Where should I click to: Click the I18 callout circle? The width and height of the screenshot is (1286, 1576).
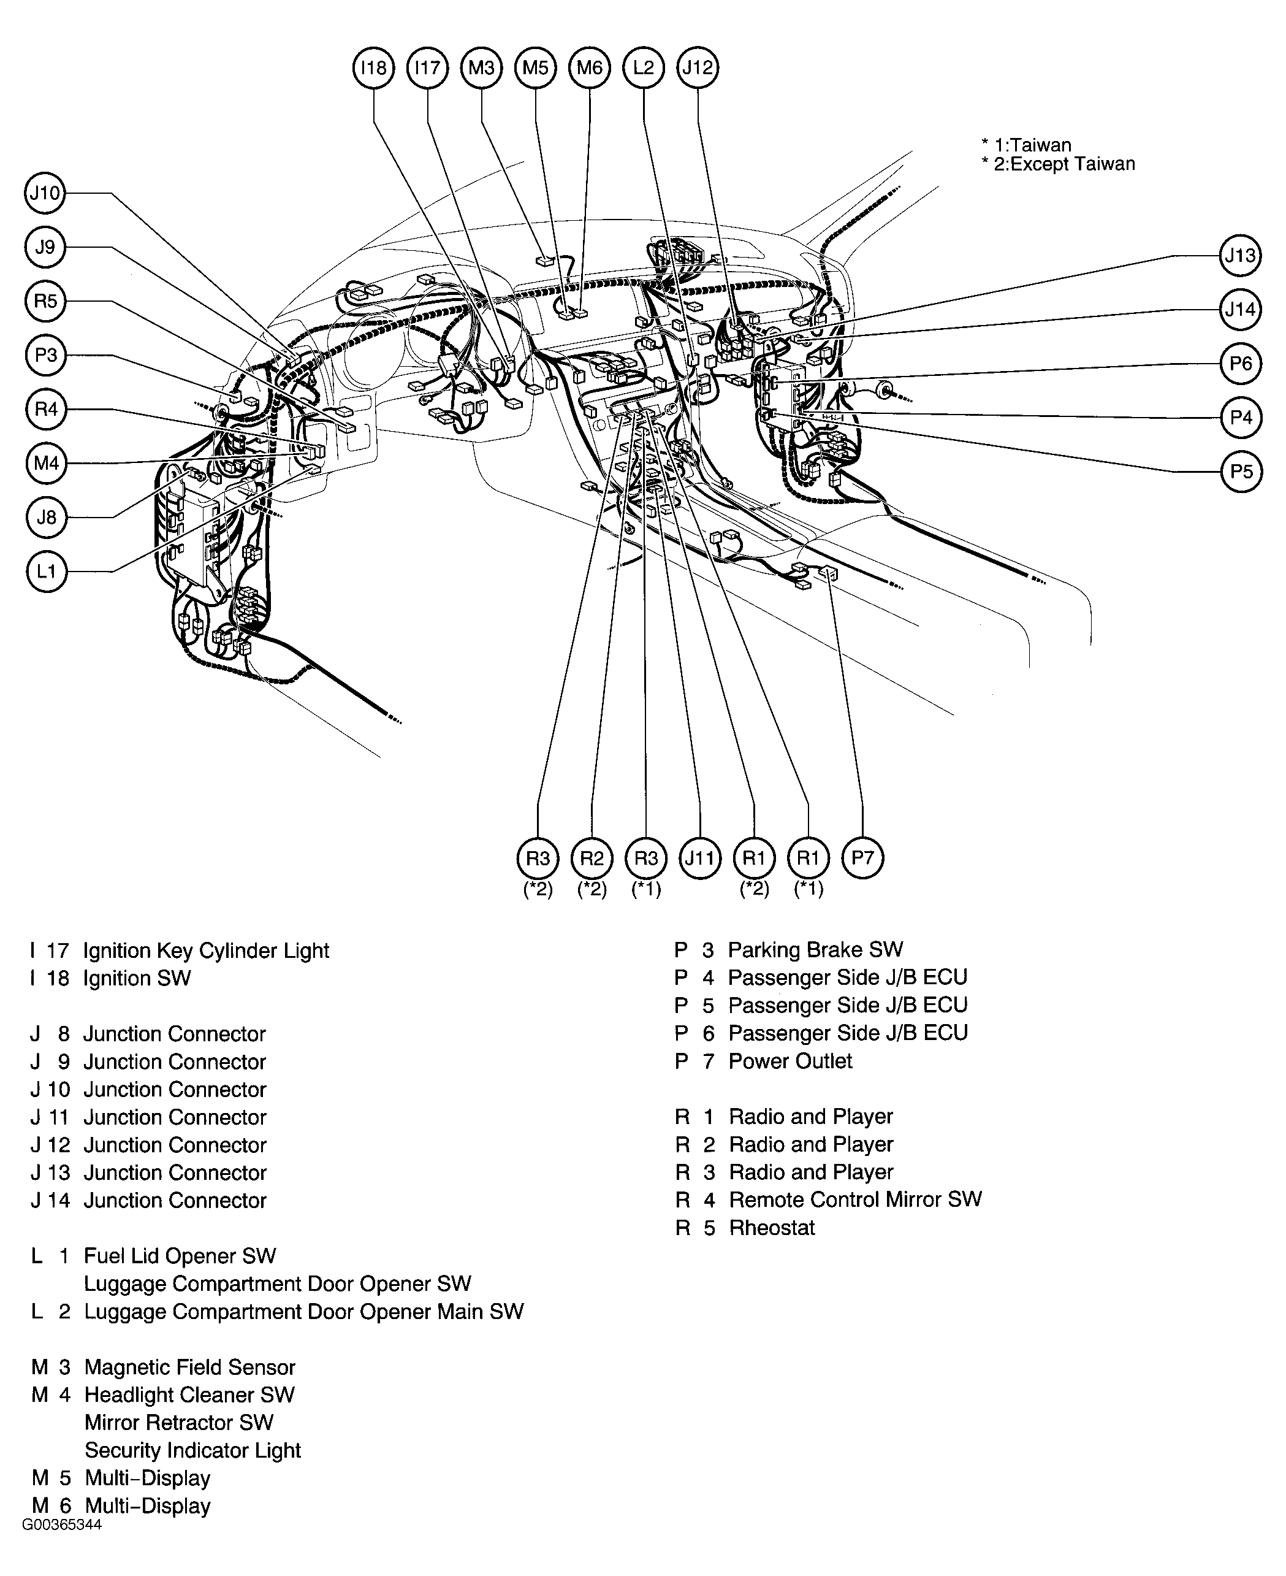pos(373,68)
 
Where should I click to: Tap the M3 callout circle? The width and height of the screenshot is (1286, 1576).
pos(482,68)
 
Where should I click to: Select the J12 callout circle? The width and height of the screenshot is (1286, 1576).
pos(698,68)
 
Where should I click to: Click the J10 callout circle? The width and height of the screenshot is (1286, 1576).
pos(45,193)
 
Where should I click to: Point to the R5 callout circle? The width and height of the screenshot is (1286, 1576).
pos(45,301)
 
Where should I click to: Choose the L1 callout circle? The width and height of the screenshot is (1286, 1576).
pos(46,572)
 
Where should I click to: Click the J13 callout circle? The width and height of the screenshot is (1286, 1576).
pos(1240,256)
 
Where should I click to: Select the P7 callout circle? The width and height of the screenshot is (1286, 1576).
pos(862,858)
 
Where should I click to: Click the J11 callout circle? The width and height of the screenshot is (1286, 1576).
pos(700,858)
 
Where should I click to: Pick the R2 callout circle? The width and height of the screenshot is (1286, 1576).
pos(592,858)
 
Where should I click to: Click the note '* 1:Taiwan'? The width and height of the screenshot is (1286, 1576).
pos(1026,145)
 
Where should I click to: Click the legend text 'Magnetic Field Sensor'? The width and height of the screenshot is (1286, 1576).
pos(189,1367)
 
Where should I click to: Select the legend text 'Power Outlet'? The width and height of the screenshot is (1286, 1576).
pos(789,1061)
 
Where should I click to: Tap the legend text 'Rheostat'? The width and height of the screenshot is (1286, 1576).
pos(772,1228)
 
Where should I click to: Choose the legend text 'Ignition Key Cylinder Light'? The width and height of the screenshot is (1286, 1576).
pos(206,951)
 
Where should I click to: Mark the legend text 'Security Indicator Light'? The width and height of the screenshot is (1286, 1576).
pos(192,1450)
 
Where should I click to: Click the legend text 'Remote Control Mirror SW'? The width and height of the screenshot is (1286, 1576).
pos(856,1199)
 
